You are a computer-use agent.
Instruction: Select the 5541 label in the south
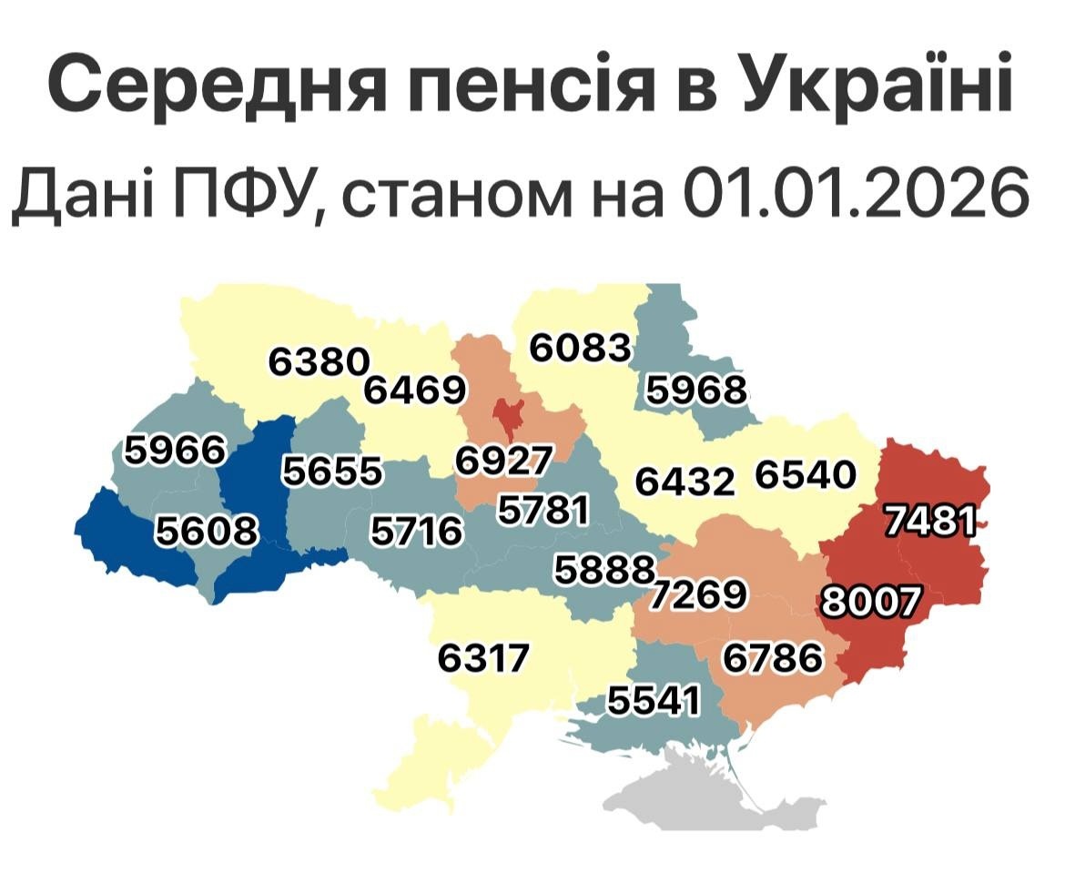click(654, 701)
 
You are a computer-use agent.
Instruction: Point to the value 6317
click(482, 657)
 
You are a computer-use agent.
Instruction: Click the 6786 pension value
click(772, 656)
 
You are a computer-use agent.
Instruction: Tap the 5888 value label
click(604, 571)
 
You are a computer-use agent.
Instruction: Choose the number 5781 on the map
click(542, 510)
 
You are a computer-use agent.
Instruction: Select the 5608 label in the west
click(206, 530)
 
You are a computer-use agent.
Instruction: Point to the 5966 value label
click(174, 450)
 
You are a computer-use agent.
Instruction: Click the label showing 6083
click(580, 348)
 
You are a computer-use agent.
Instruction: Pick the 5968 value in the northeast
click(695, 390)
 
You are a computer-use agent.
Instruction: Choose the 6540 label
click(805, 475)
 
